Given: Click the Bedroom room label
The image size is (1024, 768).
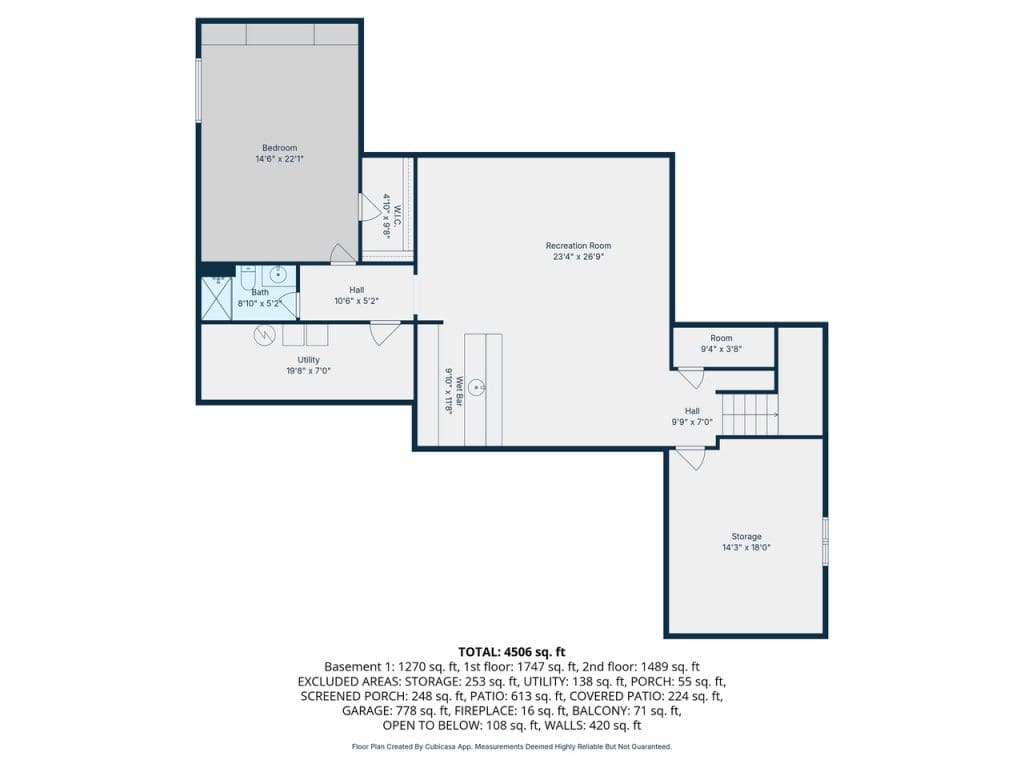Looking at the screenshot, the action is point(280,148).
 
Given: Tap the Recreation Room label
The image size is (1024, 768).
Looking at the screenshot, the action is point(579,246).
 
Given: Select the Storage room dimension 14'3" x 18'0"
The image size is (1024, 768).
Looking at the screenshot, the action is point(746,548).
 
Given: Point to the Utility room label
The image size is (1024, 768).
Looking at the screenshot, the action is point(309,360).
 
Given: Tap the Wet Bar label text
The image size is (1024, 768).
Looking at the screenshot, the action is point(459,392).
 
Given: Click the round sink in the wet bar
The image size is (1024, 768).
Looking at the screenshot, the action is point(479,387).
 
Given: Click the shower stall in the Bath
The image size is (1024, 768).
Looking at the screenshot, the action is point(216,298).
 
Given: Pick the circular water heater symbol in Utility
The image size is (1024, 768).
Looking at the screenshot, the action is point(264,336).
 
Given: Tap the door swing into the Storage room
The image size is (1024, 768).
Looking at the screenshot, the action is point(691,458).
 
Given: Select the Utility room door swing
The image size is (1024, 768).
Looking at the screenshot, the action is point(385,333).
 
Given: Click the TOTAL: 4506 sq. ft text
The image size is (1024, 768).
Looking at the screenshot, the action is point(511,652).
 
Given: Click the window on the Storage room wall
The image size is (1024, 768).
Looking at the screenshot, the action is point(825,541).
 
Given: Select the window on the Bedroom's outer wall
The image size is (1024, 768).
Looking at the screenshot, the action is point(199,90).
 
